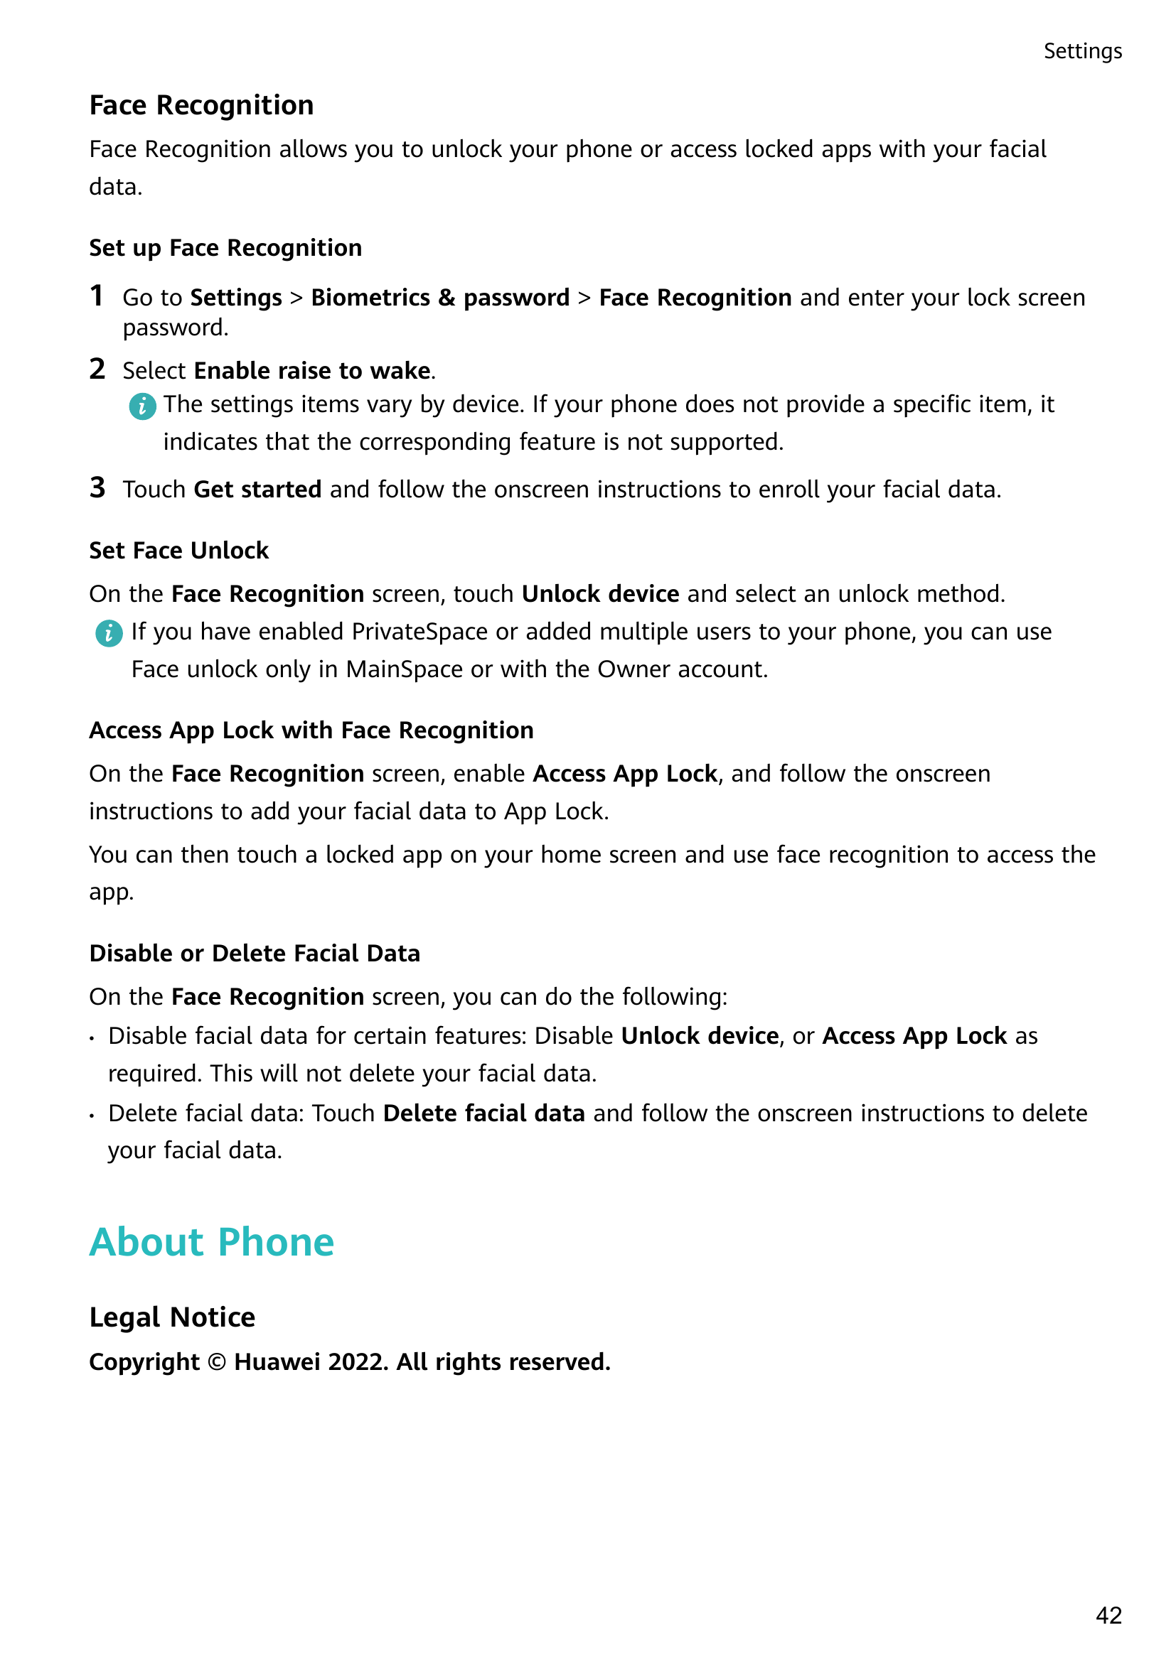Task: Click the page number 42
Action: (1108, 1614)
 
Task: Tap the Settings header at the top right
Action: (1082, 51)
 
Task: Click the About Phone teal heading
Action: (211, 1242)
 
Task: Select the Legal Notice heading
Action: (172, 1317)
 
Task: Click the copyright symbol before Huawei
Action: (217, 1362)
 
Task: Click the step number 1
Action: (96, 296)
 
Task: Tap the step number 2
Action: (97, 369)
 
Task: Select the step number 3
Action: (97, 488)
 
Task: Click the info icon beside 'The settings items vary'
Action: (142, 406)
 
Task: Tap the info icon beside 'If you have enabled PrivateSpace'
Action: (109, 633)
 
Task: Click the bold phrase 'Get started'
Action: (258, 490)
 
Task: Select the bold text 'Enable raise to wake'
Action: (313, 371)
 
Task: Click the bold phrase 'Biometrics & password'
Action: (440, 298)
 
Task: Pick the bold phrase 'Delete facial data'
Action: (483, 1113)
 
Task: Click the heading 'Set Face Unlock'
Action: (179, 551)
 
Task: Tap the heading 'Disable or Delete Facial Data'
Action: (254, 954)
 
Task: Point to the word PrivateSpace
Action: (419, 632)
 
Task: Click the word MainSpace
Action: (404, 669)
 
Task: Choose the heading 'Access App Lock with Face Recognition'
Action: (311, 730)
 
